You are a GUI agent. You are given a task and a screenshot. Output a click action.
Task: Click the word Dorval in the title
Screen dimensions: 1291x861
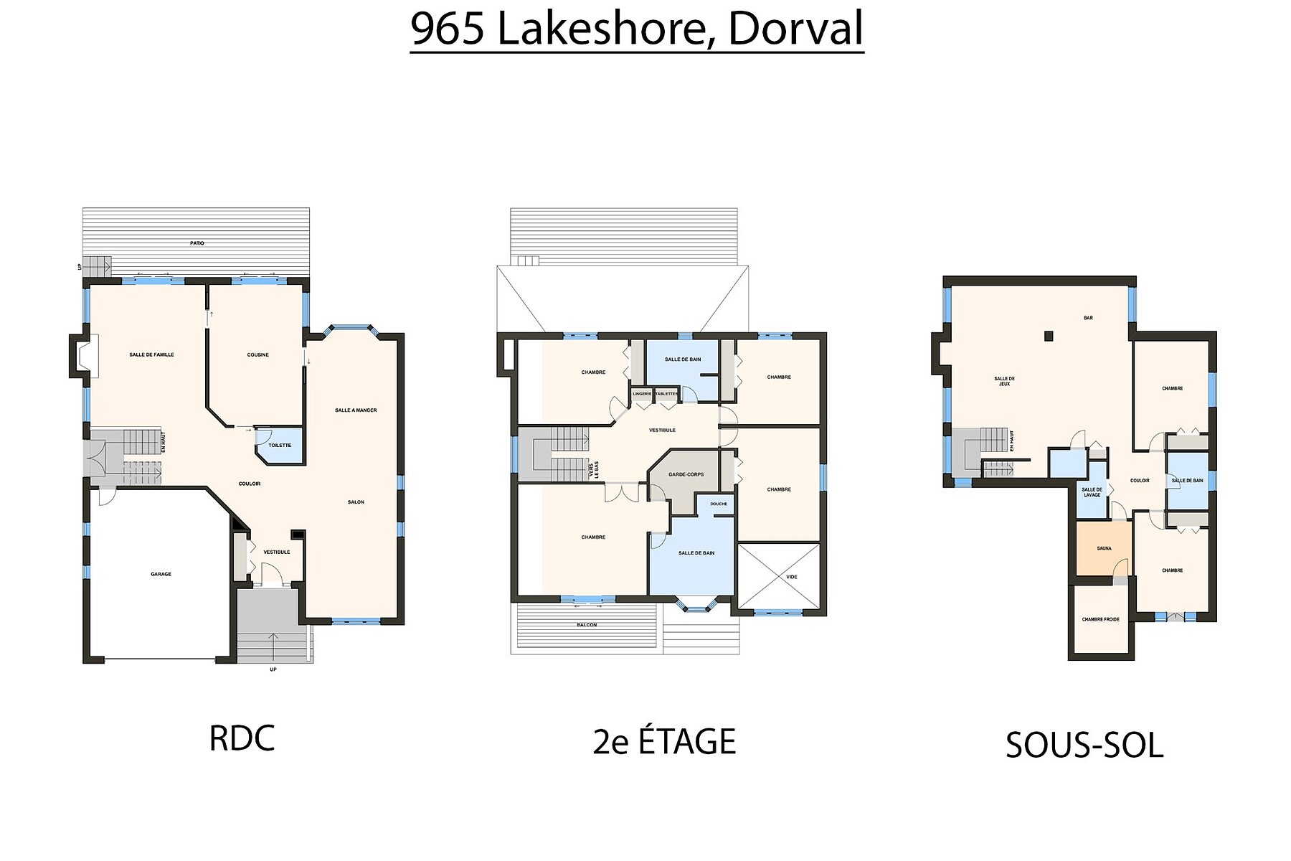click(795, 29)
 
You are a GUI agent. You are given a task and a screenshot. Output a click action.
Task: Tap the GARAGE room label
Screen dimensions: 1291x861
click(161, 574)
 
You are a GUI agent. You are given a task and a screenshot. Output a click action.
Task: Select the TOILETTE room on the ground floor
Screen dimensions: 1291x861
click(280, 446)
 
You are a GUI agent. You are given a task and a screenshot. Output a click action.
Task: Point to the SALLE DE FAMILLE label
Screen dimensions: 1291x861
click(151, 354)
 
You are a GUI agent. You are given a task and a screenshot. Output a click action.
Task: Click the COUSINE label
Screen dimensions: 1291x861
click(258, 354)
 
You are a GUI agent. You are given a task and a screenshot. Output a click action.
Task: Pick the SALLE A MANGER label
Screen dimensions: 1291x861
click(356, 410)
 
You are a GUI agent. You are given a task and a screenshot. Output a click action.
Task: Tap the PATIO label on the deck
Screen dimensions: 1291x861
click(197, 243)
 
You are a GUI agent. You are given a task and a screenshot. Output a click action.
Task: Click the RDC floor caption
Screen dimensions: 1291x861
click(242, 738)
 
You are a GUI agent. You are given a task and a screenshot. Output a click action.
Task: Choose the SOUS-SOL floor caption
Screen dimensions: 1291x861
click(1084, 745)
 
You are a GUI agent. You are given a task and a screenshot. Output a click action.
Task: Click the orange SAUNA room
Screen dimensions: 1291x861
click(1104, 548)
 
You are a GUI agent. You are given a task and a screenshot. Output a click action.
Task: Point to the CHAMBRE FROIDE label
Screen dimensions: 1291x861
click(1101, 619)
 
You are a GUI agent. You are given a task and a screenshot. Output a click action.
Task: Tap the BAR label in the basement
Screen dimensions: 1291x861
click(1088, 318)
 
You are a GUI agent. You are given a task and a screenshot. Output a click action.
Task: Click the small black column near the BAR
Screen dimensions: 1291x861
click(1049, 335)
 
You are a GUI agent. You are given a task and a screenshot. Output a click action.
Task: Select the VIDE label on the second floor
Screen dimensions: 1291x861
click(792, 577)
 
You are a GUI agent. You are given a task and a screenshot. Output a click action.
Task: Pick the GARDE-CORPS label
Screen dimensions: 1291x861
click(686, 474)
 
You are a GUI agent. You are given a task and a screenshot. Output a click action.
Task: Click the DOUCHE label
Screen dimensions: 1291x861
click(719, 504)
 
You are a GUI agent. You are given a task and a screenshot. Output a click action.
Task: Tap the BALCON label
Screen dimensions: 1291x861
click(587, 625)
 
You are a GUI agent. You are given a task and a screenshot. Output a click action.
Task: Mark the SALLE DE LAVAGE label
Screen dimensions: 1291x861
click(1092, 492)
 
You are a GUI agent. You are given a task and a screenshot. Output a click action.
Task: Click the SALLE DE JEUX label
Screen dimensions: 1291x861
click(1004, 381)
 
